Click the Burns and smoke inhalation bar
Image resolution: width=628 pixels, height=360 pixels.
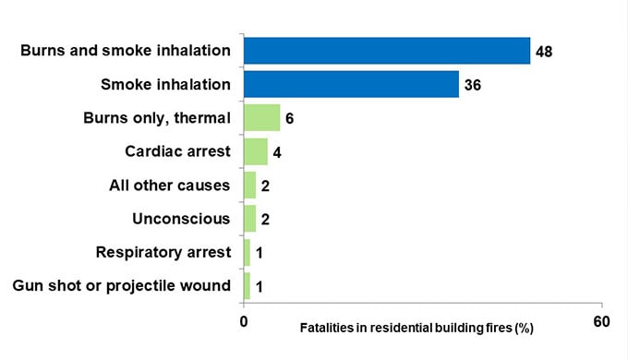pyautogui.click(x=386, y=51)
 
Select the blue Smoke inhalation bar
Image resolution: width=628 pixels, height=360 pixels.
pyautogui.click(x=351, y=84)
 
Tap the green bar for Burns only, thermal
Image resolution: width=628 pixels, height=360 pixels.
pyautogui.click(x=261, y=118)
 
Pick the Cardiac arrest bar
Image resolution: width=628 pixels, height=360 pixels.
pyautogui.click(x=255, y=151)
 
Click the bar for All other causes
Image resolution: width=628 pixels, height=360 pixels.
pyautogui.click(x=249, y=186)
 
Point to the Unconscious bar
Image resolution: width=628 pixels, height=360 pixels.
pyautogui.click(x=249, y=219)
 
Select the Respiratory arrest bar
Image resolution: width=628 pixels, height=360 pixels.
pyautogui.click(x=247, y=252)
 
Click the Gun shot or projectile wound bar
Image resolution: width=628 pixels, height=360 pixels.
pyautogui.click(x=247, y=286)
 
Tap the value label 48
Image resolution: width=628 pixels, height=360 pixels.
pyautogui.click(x=543, y=52)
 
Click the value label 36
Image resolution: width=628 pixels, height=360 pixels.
pyautogui.click(x=473, y=85)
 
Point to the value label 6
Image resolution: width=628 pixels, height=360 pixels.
pyautogui.click(x=289, y=119)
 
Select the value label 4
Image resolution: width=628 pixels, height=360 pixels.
pyautogui.click(x=276, y=152)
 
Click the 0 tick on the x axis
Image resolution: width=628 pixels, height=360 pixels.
pyautogui.click(x=243, y=321)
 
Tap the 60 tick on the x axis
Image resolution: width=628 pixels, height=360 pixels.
pyautogui.click(x=601, y=321)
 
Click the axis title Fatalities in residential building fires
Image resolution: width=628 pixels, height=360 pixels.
pyautogui.click(x=417, y=328)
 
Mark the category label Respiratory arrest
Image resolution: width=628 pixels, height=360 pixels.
pyautogui.click(x=163, y=252)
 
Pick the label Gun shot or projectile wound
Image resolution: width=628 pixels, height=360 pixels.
pyautogui.click(x=121, y=286)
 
